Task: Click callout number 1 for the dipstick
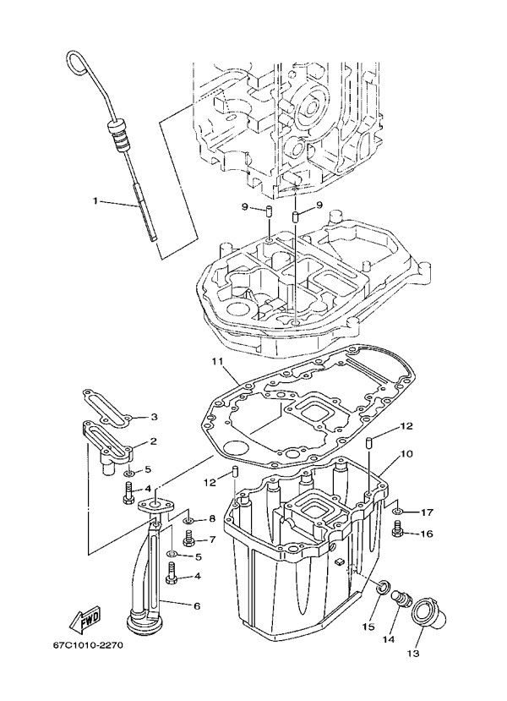(x=95, y=201)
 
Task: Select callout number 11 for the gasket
(x=216, y=362)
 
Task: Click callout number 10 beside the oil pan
(x=406, y=454)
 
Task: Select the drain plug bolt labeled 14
(x=405, y=601)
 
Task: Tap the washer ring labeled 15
(x=382, y=585)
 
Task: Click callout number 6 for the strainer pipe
(x=197, y=606)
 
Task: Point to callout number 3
(x=155, y=417)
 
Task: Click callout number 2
(x=154, y=441)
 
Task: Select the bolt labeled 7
(x=188, y=537)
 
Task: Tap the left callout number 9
(x=244, y=205)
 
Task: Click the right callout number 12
(x=406, y=425)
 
